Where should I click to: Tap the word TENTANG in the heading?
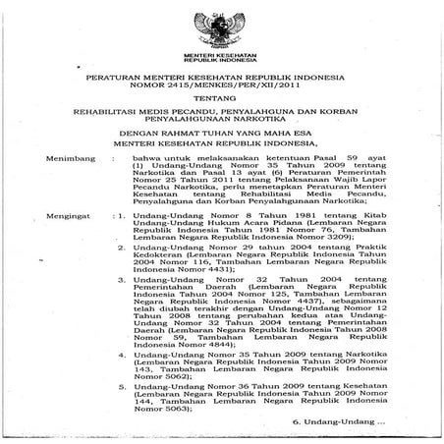tap(221, 100)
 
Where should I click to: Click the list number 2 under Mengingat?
tap(148, 250)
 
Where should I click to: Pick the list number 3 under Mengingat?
tap(148, 278)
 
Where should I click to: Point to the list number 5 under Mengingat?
tap(148, 386)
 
